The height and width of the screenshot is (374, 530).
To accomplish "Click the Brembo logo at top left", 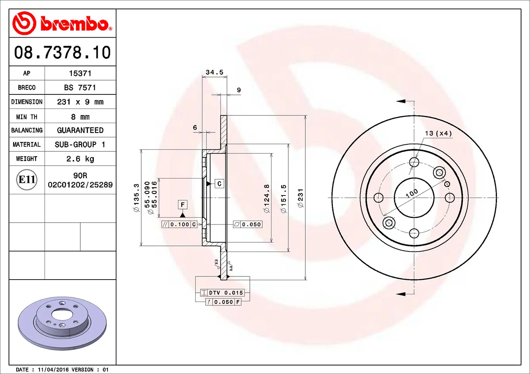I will click(x=62, y=23).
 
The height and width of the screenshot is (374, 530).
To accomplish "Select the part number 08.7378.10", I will click(x=62, y=52).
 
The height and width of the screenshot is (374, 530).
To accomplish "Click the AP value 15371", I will click(x=80, y=73).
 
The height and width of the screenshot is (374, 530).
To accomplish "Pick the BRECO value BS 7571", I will click(x=80, y=87).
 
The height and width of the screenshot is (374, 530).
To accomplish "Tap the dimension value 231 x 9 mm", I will click(x=80, y=102).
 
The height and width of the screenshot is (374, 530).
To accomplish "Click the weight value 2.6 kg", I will click(x=80, y=159).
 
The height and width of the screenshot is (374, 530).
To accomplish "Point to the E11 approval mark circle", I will click(x=27, y=180).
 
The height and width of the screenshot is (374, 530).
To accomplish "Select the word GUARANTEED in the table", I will click(x=80, y=130).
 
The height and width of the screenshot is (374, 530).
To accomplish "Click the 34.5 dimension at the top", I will click(x=214, y=72).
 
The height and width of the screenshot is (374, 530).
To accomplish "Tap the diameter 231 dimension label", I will click(x=300, y=198).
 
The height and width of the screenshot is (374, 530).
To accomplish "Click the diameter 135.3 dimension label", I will click(x=136, y=198).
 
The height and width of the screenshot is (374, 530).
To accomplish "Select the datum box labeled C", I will click(x=219, y=184).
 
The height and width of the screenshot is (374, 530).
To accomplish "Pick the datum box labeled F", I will click(x=182, y=204).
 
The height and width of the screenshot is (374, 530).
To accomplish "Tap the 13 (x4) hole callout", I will click(x=438, y=133).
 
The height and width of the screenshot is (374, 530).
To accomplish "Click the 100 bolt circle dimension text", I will click(x=412, y=193).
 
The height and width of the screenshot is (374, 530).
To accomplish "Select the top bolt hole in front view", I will click(x=414, y=162).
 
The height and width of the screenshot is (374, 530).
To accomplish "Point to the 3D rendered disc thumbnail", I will click(x=62, y=323).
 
